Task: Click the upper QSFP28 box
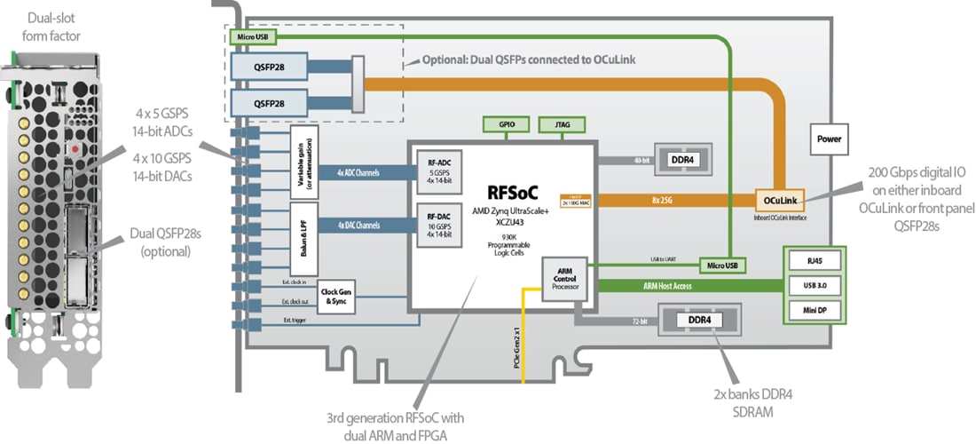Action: click(x=269, y=65)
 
